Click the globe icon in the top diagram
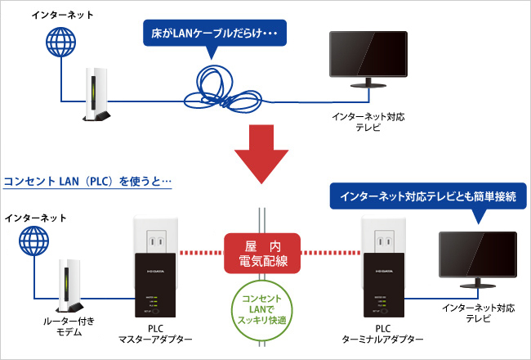[60, 42]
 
